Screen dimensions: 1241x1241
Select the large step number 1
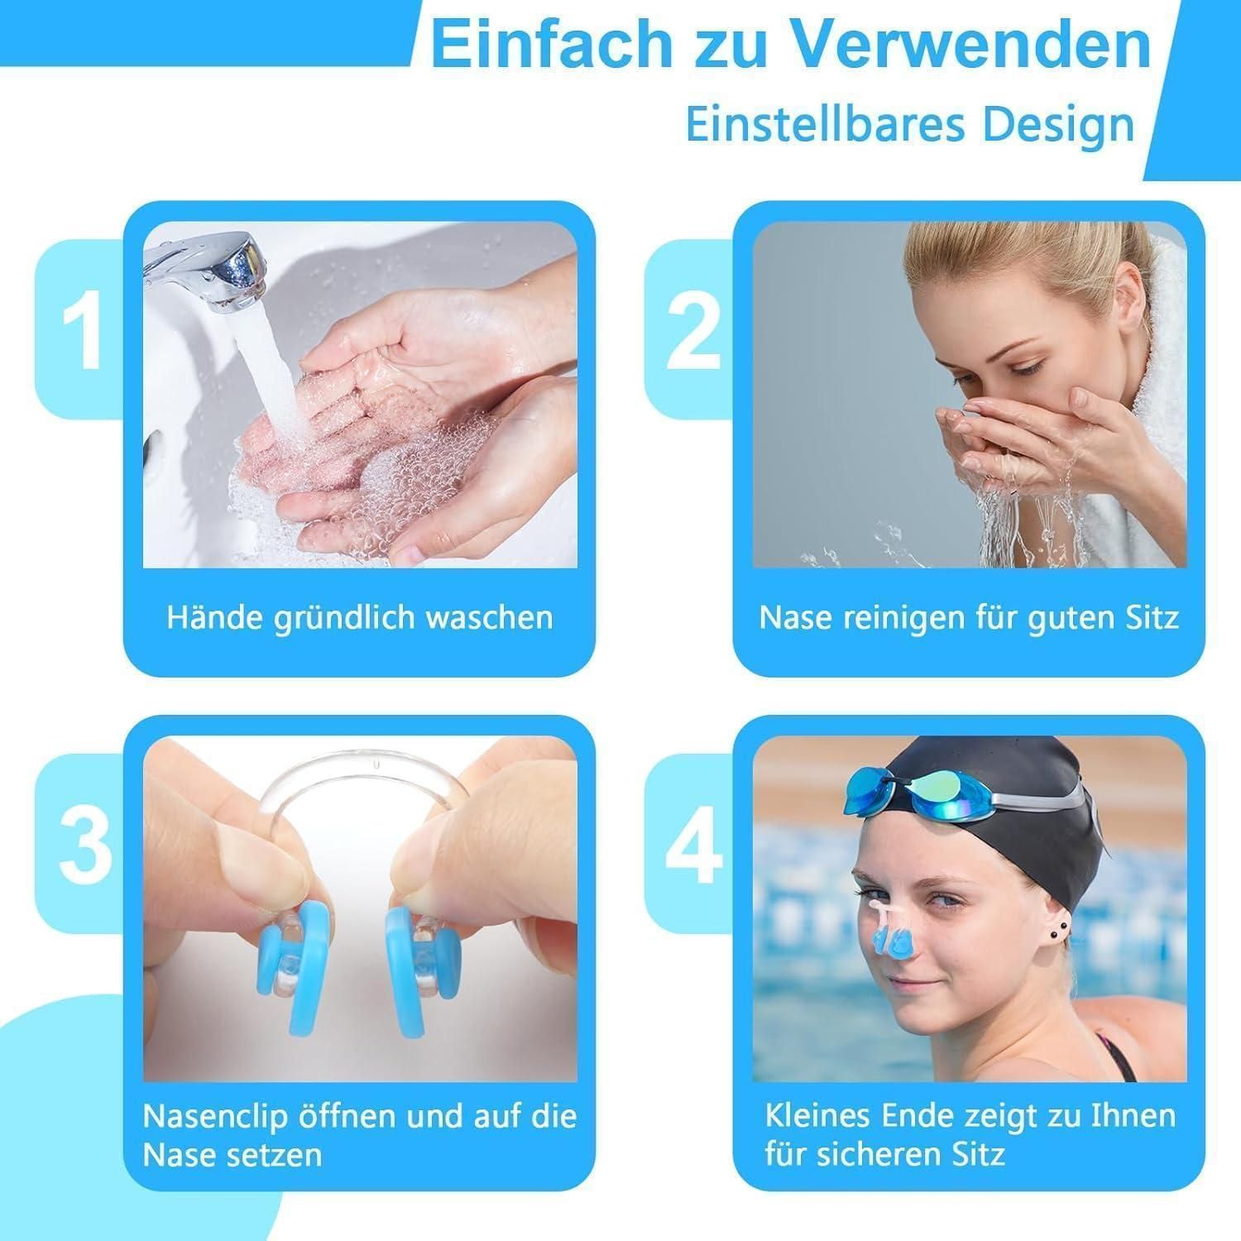tap(83, 331)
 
